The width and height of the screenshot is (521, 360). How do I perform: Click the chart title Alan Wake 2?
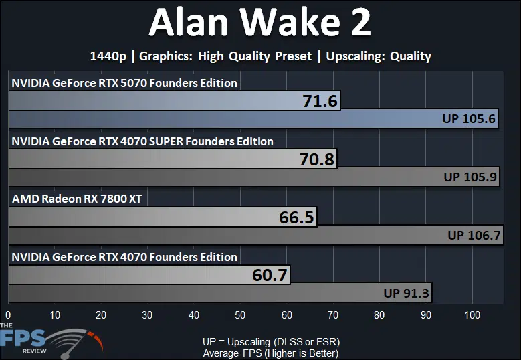tap(260, 22)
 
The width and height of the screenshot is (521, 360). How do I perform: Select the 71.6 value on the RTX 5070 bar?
tap(320, 101)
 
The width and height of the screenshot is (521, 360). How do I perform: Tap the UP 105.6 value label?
tap(469, 118)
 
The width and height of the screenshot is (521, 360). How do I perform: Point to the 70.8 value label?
tap(316, 159)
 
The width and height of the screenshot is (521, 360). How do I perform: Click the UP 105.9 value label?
tap(470, 177)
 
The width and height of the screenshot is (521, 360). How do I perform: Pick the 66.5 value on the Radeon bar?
tap(296, 217)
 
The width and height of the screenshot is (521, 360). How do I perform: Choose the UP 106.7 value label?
tap(474, 235)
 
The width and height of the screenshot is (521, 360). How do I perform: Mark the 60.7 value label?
tap(270, 275)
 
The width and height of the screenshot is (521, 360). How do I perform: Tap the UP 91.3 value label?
tap(406, 293)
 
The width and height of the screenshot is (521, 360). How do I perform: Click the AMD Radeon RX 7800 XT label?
tap(77, 199)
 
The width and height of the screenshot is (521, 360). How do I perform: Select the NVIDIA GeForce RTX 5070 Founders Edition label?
tap(124, 83)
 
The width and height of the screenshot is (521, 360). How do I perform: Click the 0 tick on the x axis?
tap(8, 314)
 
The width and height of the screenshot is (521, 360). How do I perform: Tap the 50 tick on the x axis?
tap(240, 314)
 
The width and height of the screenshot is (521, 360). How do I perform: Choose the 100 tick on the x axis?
tap(472, 314)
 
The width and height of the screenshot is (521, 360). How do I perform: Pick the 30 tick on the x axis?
tap(147, 314)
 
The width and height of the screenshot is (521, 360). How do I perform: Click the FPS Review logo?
tap(50, 341)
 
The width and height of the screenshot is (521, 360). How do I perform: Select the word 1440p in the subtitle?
tap(108, 56)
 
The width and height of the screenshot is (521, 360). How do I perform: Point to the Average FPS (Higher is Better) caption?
tap(270, 353)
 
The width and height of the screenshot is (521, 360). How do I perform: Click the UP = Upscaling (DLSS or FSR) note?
tap(271, 342)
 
